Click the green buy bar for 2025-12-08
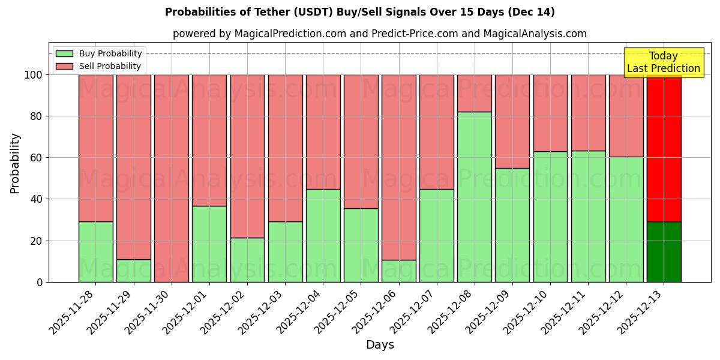pos(474,197)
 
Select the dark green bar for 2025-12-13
pos(664,252)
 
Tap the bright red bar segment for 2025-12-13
pos(664,148)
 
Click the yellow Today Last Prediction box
pos(664,62)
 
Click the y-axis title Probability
pos(15,163)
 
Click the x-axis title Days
pos(380,345)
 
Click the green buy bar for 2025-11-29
pos(133,271)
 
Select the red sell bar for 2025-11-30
pos(171,178)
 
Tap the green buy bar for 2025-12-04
pos(323,236)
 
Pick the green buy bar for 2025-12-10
pos(550,217)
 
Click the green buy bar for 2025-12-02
pos(247,260)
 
